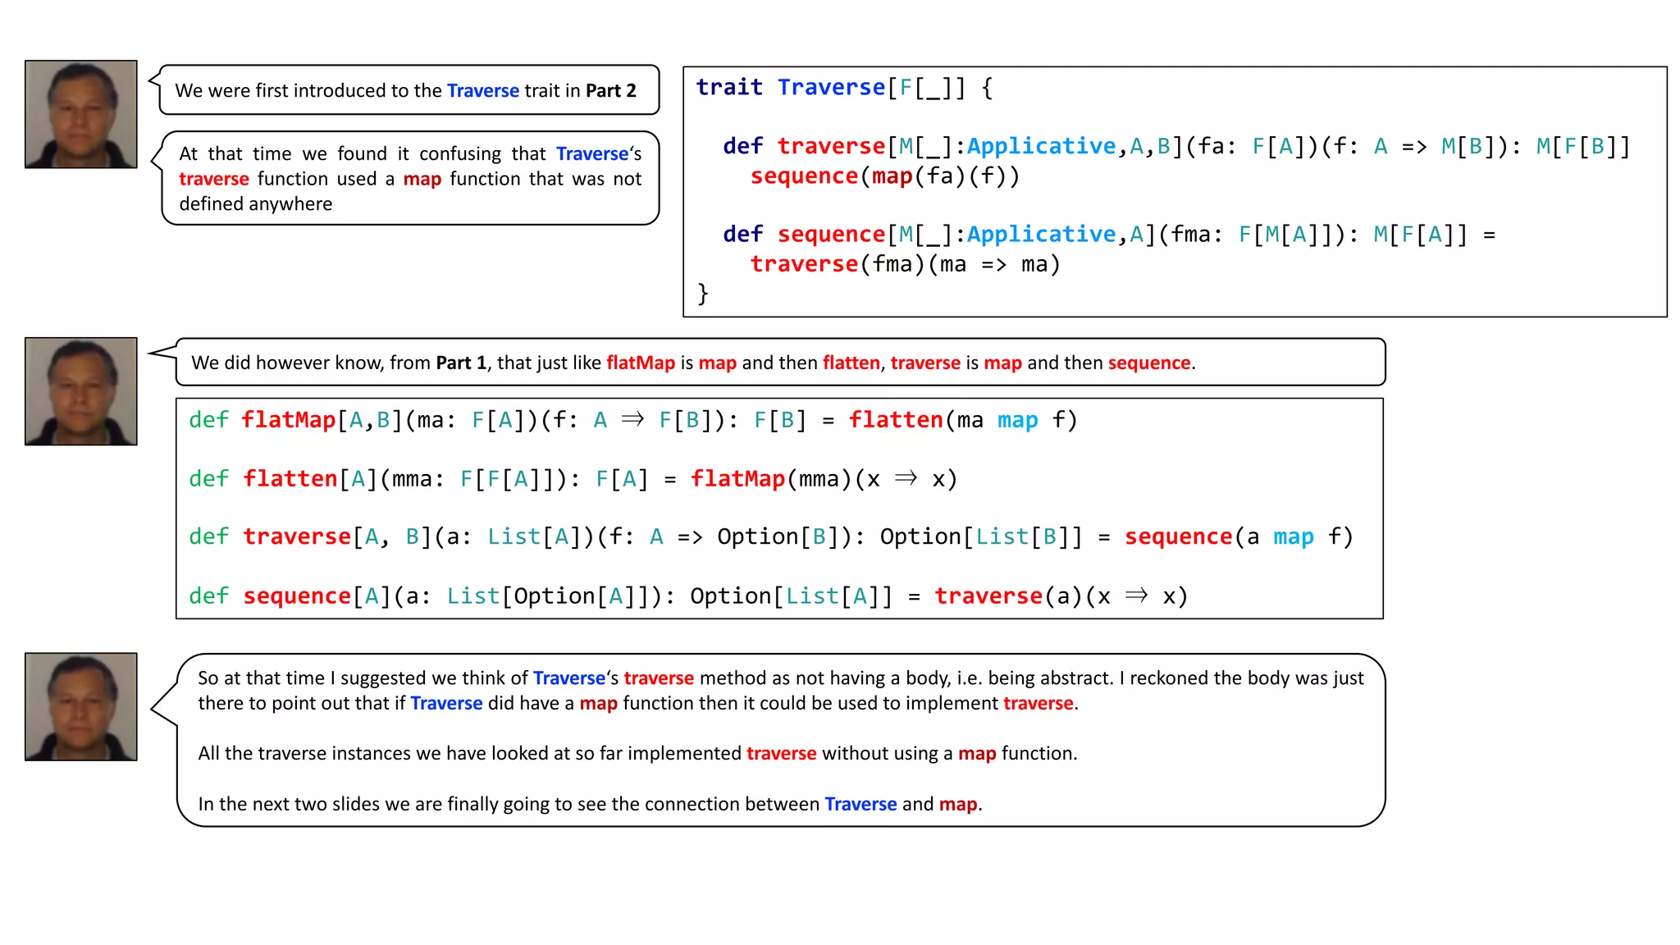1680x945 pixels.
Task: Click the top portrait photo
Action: (80, 114)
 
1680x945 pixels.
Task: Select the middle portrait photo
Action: (80, 391)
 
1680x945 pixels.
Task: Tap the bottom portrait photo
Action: (80, 706)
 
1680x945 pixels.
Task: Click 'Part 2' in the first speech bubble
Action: (610, 91)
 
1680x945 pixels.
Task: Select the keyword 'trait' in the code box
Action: (729, 87)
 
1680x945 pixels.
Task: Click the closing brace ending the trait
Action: (703, 294)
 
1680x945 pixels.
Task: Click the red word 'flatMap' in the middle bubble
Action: (640, 363)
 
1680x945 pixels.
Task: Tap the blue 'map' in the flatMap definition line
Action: (1017, 420)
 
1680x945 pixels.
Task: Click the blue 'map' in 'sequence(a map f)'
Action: (1293, 536)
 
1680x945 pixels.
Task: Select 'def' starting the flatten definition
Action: (208, 479)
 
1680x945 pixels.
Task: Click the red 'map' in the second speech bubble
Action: (422, 179)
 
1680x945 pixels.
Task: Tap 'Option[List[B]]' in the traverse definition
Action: (980, 536)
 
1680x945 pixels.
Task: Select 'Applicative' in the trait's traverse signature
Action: (1041, 146)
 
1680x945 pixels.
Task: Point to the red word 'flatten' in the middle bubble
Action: (851, 363)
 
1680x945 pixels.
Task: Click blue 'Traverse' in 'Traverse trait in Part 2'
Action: (482, 91)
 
